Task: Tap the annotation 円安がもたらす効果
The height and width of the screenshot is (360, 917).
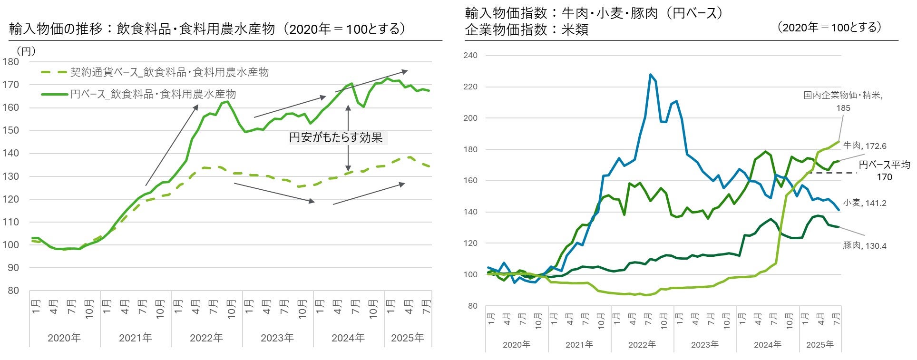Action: [x=336, y=138]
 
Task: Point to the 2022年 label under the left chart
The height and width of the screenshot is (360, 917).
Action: [x=206, y=338]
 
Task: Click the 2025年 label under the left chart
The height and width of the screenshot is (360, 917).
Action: [x=408, y=338]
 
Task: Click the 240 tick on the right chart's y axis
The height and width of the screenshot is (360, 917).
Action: [x=470, y=55]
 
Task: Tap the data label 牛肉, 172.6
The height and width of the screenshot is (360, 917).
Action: [x=865, y=146]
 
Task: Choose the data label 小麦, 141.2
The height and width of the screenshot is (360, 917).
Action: [x=865, y=203]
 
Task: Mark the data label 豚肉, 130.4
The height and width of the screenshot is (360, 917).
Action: [x=865, y=246]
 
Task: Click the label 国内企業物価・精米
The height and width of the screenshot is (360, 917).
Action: [x=843, y=95]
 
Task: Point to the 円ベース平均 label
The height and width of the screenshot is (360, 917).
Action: [x=884, y=165]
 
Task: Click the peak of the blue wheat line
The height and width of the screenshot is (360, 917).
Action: [x=650, y=75]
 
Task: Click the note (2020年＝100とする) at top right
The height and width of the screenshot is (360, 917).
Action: [x=829, y=28]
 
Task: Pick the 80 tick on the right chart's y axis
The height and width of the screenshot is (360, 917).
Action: [x=472, y=306]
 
